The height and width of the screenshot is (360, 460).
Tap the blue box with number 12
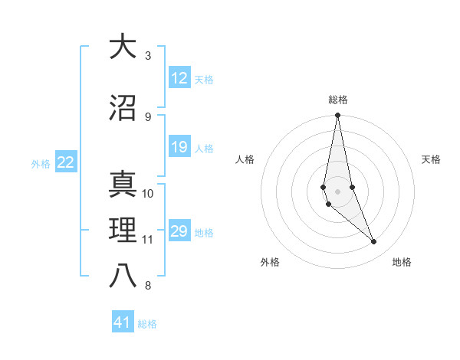click(179, 78)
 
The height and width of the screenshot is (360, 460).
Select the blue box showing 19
click(179, 147)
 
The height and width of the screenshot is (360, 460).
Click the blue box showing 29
click(179, 231)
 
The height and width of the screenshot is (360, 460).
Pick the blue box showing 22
click(65, 162)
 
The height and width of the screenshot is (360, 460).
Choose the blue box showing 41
click(123, 323)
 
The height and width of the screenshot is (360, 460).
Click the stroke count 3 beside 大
click(148, 56)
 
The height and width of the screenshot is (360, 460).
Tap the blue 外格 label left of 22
click(41, 163)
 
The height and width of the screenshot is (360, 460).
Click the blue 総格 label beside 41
click(147, 324)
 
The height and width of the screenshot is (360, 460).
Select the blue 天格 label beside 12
click(203, 79)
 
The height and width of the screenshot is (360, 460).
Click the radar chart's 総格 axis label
click(337, 100)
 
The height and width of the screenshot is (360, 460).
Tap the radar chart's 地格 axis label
click(402, 262)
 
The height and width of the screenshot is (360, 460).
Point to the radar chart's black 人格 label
click(245, 159)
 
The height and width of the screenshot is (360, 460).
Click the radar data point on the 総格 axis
click(337, 116)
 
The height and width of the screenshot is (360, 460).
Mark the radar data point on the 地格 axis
click(374, 242)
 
